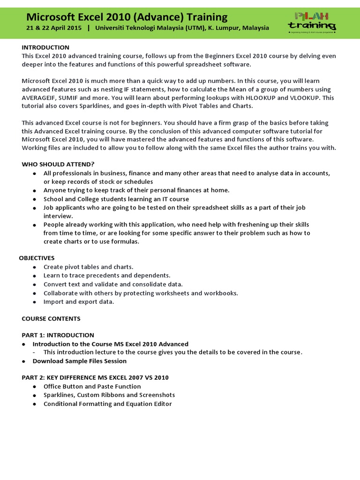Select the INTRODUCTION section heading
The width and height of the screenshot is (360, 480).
(45, 47)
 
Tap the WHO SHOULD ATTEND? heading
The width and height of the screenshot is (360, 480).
(58, 164)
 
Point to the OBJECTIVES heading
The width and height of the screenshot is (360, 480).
(37, 258)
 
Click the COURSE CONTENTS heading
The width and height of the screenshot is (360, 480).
(51, 319)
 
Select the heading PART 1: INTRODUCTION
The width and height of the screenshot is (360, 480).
(58, 335)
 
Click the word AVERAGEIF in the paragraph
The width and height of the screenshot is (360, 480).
(38, 98)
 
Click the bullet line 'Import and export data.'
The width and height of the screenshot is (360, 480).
(79, 302)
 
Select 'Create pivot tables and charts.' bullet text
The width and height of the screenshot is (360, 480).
(88, 267)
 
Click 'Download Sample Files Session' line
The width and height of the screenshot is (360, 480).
(79, 361)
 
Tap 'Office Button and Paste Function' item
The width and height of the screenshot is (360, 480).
(92, 386)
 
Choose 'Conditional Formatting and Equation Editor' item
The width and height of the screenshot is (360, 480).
(107, 404)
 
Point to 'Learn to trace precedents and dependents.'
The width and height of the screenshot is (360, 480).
(107, 276)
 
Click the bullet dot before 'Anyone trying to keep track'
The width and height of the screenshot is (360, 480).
(35, 191)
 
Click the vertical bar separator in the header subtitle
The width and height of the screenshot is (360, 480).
(88, 28)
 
